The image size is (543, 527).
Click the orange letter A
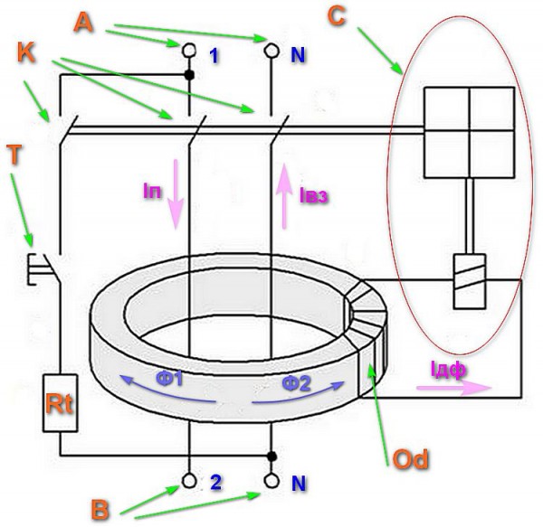83,22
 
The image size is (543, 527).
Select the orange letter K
26,53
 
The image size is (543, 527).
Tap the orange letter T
14,155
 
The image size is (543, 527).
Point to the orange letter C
336,16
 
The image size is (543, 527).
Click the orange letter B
100,510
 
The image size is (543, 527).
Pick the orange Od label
410,459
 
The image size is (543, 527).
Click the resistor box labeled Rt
60,403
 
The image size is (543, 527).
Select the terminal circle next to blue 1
189,50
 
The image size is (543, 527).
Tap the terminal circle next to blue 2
189,481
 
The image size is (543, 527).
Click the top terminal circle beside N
271,50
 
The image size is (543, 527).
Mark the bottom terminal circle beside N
271,481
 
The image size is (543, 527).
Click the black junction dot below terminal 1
189,75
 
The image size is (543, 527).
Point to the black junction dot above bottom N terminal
271,456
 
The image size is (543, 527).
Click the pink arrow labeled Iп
176,194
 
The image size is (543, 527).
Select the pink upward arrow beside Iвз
285,196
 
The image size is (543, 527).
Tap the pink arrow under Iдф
453,388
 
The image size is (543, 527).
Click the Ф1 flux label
169,379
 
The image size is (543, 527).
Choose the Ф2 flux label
297,383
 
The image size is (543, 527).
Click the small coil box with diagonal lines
470,281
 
